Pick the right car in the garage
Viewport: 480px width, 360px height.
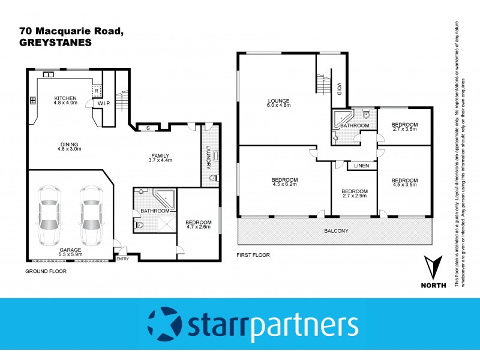coord(91,215)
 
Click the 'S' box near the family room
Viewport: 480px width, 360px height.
coord(148,127)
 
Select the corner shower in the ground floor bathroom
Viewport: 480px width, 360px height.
coord(162,200)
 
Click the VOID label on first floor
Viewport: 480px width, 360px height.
coord(339,89)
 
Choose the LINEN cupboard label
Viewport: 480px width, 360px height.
coord(361,166)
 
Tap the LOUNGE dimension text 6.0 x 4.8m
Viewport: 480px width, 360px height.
coord(279,105)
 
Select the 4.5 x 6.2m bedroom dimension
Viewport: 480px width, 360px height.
coord(284,185)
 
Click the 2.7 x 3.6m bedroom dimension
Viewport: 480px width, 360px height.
coord(404,130)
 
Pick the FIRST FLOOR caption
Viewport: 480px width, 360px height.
coord(254,255)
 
